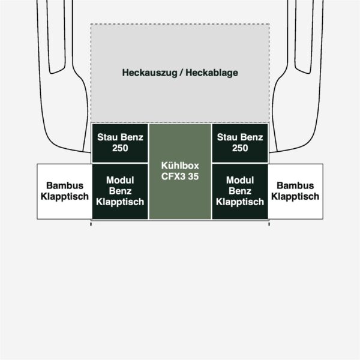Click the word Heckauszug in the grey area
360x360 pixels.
pyautogui.click(x=149, y=73)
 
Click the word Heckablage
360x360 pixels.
pyautogui.click(x=212, y=73)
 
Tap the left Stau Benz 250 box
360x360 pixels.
pyautogui.click(x=120, y=143)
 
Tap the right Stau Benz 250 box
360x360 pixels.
pyautogui.click(x=240, y=143)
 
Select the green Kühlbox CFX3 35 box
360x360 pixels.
pyautogui.click(x=180, y=172)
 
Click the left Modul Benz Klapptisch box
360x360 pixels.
pyautogui.click(x=120, y=191)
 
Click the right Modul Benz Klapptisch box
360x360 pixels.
pyautogui.click(x=240, y=191)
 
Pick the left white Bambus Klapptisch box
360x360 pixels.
pyautogui.click(x=65, y=191)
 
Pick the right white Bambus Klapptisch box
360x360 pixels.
pyautogui.click(x=295, y=191)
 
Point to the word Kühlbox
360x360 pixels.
pyautogui.click(x=180, y=166)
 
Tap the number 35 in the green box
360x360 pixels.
pyautogui.click(x=193, y=176)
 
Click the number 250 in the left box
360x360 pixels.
pyautogui.click(x=120, y=148)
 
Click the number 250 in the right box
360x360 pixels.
pyautogui.click(x=240, y=148)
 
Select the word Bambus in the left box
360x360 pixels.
pyautogui.click(x=65, y=185)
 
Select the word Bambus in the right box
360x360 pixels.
pyautogui.click(x=295, y=185)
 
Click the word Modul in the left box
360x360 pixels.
pyautogui.click(x=120, y=180)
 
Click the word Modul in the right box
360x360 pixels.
pyautogui.click(x=240, y=180)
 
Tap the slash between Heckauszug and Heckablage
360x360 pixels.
pyautogui.click(x=181, y=73)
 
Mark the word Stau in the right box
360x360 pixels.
pyautogui.click(x=226, y=137)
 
